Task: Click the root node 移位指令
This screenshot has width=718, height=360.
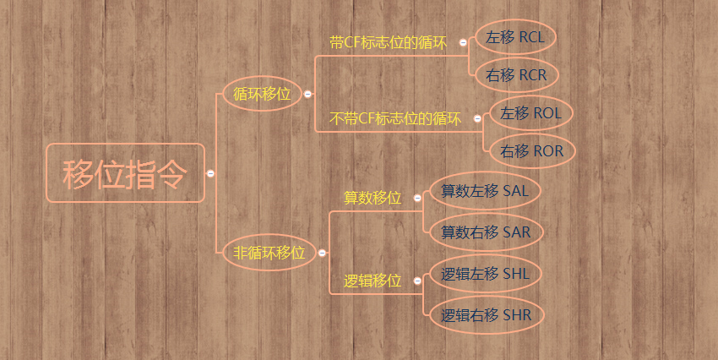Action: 125,173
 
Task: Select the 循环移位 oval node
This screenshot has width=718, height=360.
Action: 262,94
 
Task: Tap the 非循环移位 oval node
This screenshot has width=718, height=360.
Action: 269,252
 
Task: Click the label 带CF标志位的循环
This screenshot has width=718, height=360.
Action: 388,42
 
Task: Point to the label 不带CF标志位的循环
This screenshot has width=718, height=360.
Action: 395,119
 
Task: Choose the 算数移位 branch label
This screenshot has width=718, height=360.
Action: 373,198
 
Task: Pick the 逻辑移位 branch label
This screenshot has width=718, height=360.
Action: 373,281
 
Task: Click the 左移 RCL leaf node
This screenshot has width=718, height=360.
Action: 515,38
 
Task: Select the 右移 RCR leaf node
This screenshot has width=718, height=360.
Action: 515,75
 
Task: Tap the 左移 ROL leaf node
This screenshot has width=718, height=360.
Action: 530,113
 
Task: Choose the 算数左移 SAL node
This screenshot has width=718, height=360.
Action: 484,191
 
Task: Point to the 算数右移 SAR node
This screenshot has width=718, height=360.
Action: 485,231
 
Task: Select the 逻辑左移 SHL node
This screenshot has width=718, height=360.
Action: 485,274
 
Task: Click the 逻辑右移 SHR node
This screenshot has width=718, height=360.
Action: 486,315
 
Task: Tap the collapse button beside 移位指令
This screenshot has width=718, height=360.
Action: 210,173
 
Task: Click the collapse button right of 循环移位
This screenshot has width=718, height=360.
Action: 307,95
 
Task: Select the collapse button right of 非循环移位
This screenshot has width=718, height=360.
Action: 322,252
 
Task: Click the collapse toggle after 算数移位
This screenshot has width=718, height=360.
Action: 417,198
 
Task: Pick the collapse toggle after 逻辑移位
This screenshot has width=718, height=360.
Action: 417,281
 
